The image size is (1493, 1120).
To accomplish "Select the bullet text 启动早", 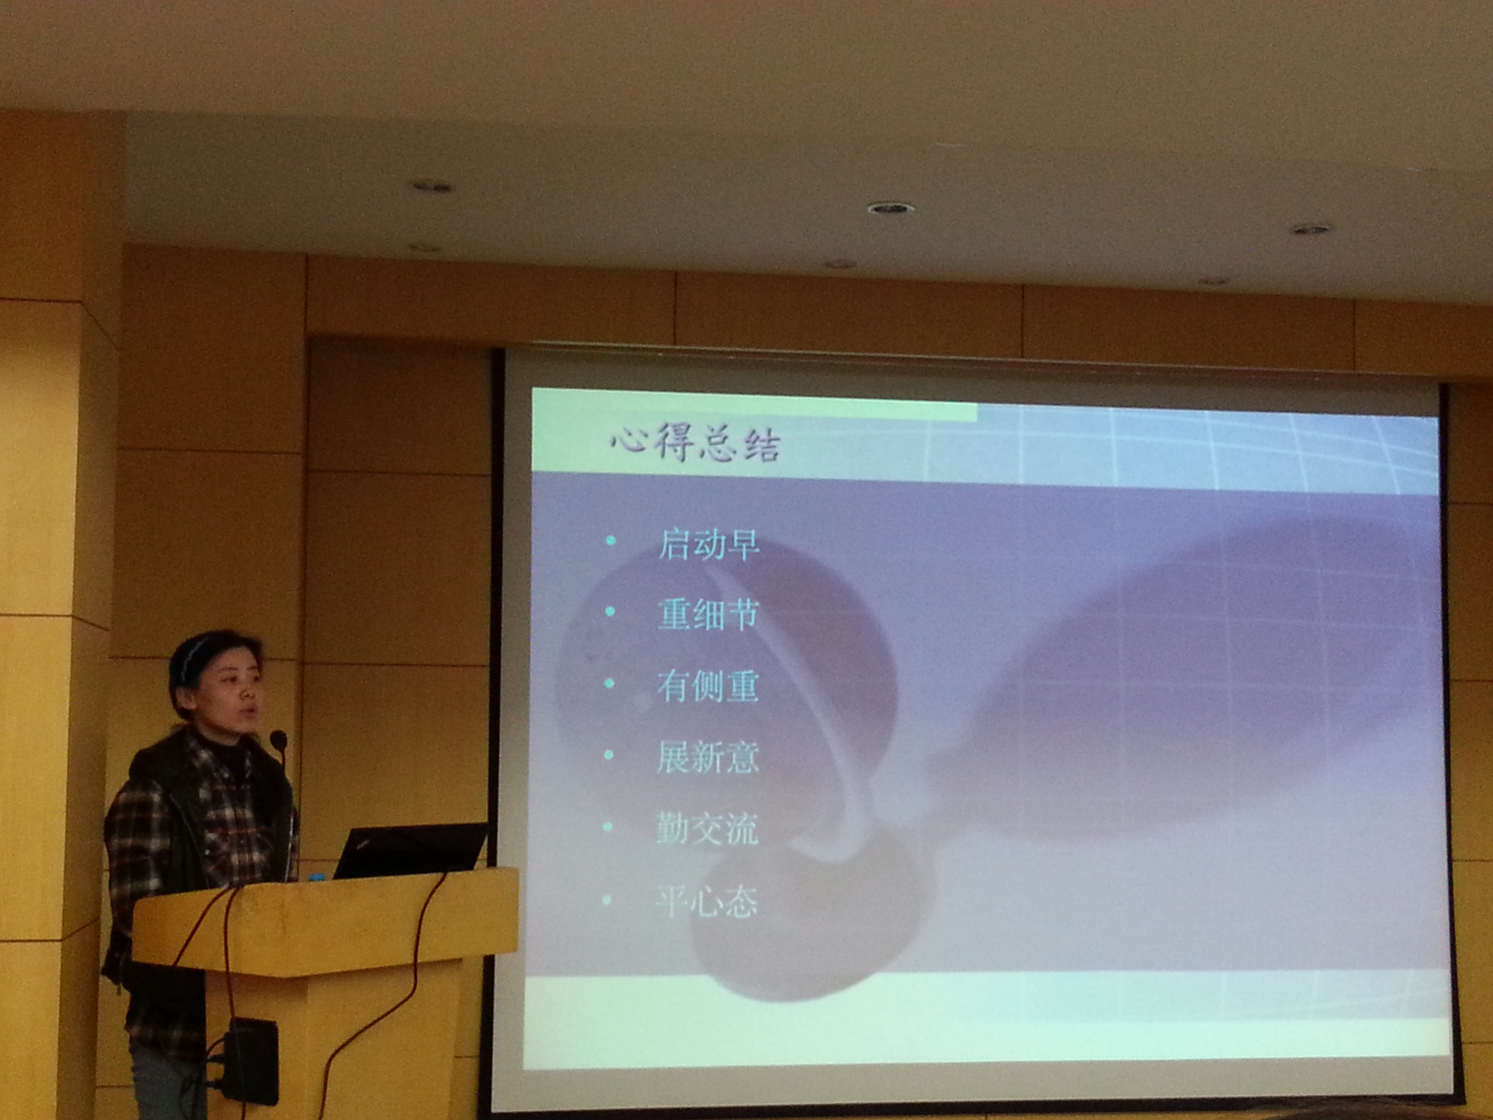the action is pyautogui.click(x=709, y=545).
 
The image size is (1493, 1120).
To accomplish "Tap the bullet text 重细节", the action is pyautogui.click(x=709, y=615).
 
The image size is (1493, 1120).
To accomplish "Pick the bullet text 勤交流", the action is pyautogui.click(x=707, y=829).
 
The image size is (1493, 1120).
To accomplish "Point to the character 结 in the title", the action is pyautogui.click(x=761, y=446).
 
